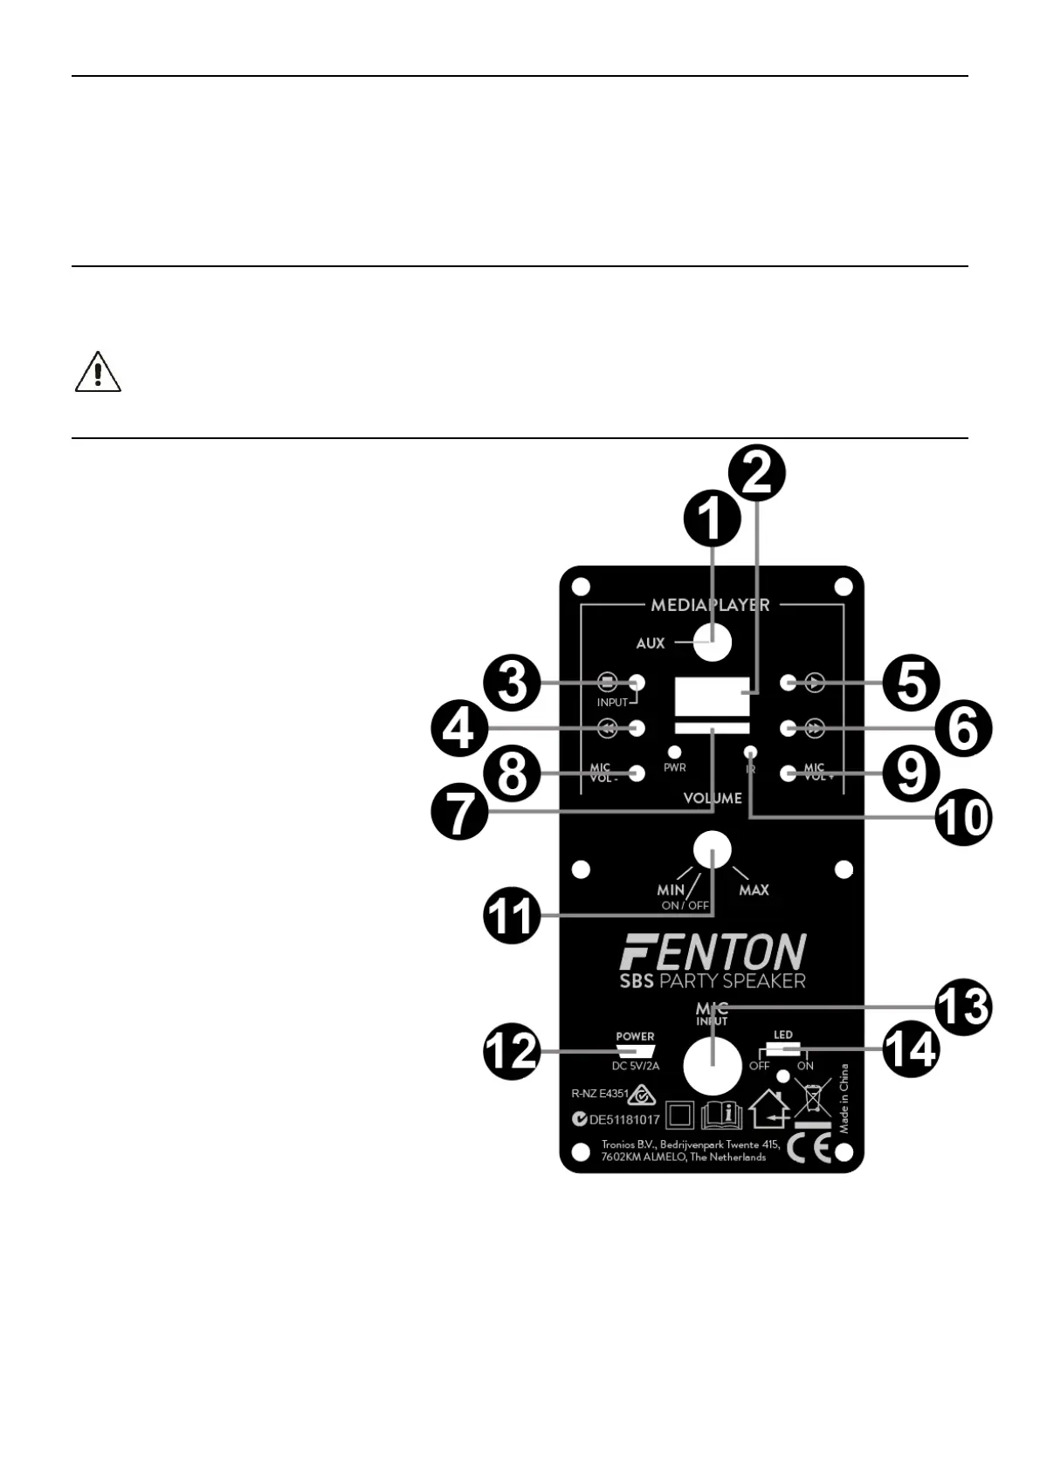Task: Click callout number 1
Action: point(712,517)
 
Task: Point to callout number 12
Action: point(512,1051)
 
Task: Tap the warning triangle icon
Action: point(98,372)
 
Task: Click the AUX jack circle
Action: point(713,643)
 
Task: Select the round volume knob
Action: point(712,850)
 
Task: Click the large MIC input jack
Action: point(712,1066)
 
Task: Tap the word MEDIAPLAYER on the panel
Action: point(710,604)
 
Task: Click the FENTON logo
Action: point(713,951)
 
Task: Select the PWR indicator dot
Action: point(674,751)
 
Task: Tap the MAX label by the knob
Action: point(754,890)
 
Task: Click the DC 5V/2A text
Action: point(635,1066)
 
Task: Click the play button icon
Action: point(815,682)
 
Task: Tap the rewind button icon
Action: point(607,727)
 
